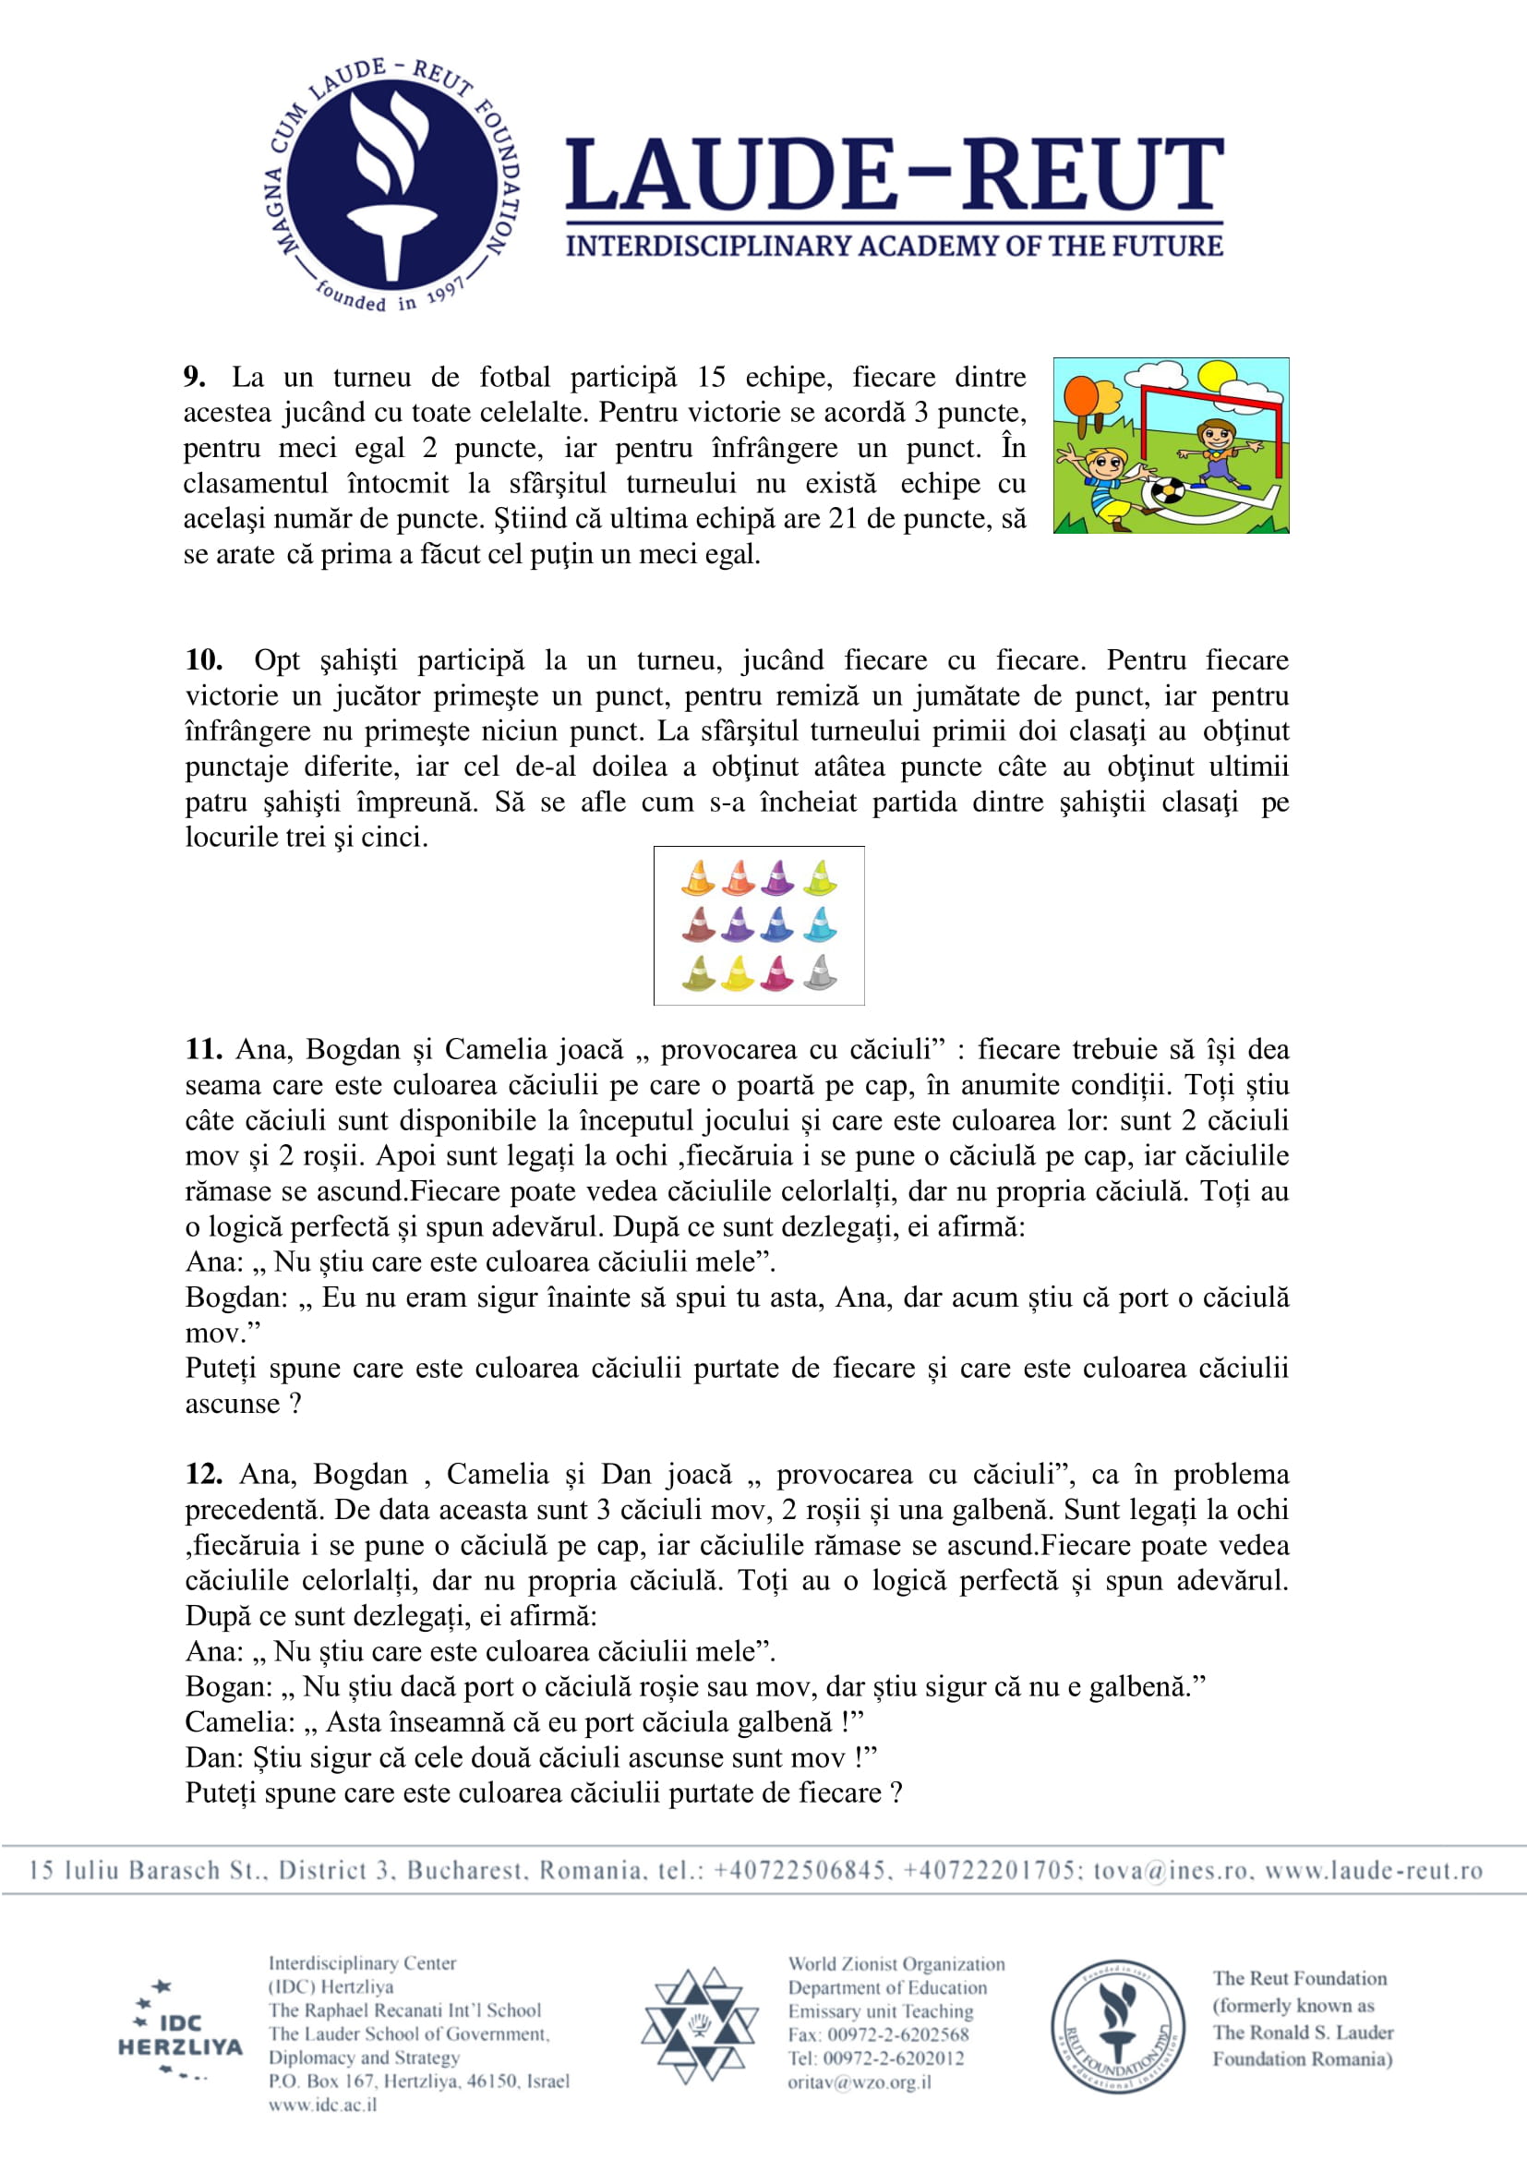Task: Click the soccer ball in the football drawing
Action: [x=1169, y=493]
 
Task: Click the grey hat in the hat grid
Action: [x=821, y=971]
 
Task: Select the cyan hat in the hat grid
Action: [x=821, y=924]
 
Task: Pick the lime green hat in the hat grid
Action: [x=821, y=877]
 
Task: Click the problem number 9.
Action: [x=195, y=378]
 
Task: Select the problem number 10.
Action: [x=203, y=659]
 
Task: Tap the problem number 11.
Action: [x=203, y=1049]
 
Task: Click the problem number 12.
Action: [x=203, y=1473]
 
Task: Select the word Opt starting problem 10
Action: [x=276, y=660]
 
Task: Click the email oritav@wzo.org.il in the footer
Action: [x=860, y=2082]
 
